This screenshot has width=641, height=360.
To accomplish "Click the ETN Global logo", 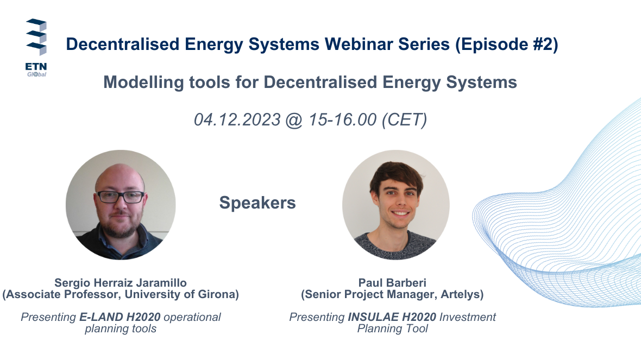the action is point(36,47).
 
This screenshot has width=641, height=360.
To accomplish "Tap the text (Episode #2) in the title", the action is point(506,45).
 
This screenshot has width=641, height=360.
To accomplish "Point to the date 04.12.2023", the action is point(237,119).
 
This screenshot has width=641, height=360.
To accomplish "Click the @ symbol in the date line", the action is point(294,120).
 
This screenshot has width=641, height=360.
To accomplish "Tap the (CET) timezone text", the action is point(404,119).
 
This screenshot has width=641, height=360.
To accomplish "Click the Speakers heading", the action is point(257,203).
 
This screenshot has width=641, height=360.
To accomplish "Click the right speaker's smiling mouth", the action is point(400,213).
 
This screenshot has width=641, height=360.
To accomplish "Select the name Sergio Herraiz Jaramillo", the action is point(121,283).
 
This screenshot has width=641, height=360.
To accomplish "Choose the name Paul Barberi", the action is point(392,283).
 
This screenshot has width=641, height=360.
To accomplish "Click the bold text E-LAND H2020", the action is point(120,317).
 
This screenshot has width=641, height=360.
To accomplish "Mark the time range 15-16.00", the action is point(342,119).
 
